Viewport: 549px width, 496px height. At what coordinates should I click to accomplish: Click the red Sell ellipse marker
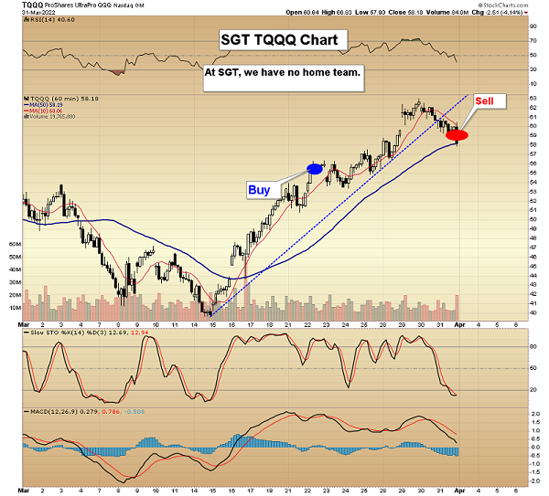(x=457, y=135)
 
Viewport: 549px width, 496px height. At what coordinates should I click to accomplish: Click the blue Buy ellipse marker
(x=315, y=168)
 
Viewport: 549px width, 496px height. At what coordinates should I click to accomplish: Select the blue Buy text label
(x=259, y=190)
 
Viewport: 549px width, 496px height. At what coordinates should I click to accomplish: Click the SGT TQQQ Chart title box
(x=284, y=41)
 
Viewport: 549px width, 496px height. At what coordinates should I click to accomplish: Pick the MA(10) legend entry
(x=46, y=110)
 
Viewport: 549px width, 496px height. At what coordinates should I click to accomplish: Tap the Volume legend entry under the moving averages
(x=50, y=116)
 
